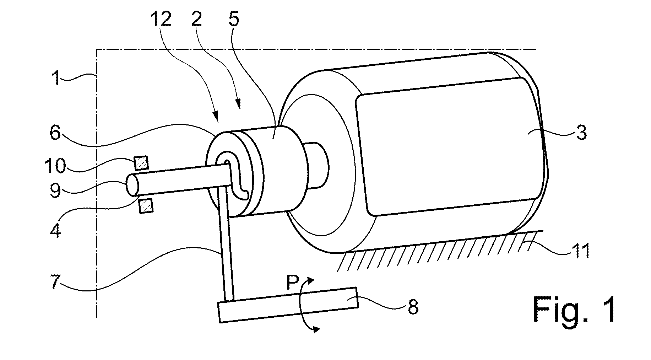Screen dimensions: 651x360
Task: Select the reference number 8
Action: coord(412,306)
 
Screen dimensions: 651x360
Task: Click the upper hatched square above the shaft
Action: coord(141,163)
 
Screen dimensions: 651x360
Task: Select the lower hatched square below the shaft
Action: coord(146,206)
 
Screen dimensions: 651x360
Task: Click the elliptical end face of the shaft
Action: coord(132,184)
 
